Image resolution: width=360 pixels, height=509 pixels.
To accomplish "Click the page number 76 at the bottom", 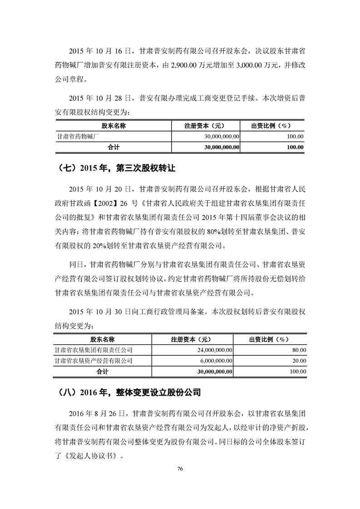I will pos(180,469).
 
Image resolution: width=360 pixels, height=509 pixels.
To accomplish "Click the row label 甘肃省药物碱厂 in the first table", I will pos(75,136).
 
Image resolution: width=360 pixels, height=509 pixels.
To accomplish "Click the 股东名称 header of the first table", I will pos(113,126).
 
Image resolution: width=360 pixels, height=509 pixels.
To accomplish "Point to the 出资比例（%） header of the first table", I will pos(271,126).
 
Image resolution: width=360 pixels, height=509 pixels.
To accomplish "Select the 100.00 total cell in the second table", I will pos(298,372).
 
